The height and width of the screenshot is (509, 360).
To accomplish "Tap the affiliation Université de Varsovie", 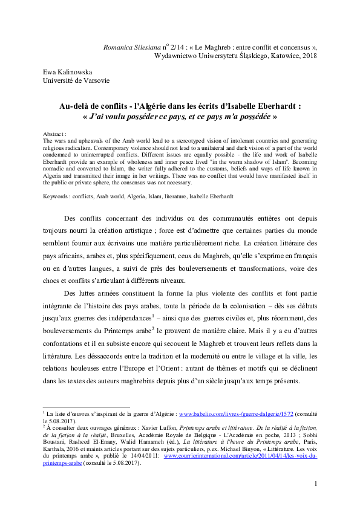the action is (76, 80).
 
